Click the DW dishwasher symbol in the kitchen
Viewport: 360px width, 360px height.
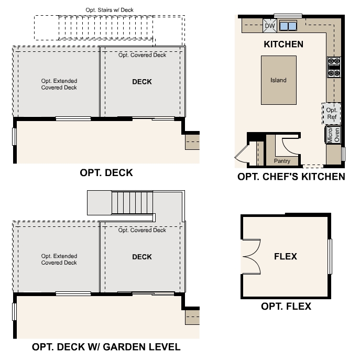270,26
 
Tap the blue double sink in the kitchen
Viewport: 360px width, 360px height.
288,26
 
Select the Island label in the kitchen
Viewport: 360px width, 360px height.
278,80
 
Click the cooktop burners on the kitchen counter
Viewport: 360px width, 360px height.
334,67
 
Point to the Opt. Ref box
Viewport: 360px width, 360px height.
331,114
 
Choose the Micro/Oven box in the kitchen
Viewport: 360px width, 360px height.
333,135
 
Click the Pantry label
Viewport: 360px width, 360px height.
282,161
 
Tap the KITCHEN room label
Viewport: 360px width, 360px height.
283,44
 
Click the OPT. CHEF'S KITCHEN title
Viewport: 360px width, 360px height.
291,177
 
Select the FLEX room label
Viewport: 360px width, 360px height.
286,256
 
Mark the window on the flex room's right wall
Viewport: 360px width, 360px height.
330,256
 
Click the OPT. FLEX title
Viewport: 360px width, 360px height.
286,306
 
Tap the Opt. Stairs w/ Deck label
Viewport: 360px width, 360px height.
110,10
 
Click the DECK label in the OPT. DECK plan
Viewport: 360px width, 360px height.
142,82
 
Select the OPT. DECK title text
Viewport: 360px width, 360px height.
106,172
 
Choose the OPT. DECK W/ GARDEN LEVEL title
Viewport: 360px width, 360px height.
106,347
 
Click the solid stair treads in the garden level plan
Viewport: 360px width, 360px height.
132,203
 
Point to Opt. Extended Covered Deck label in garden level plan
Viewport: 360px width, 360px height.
59,259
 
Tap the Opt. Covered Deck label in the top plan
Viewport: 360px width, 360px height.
142,55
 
